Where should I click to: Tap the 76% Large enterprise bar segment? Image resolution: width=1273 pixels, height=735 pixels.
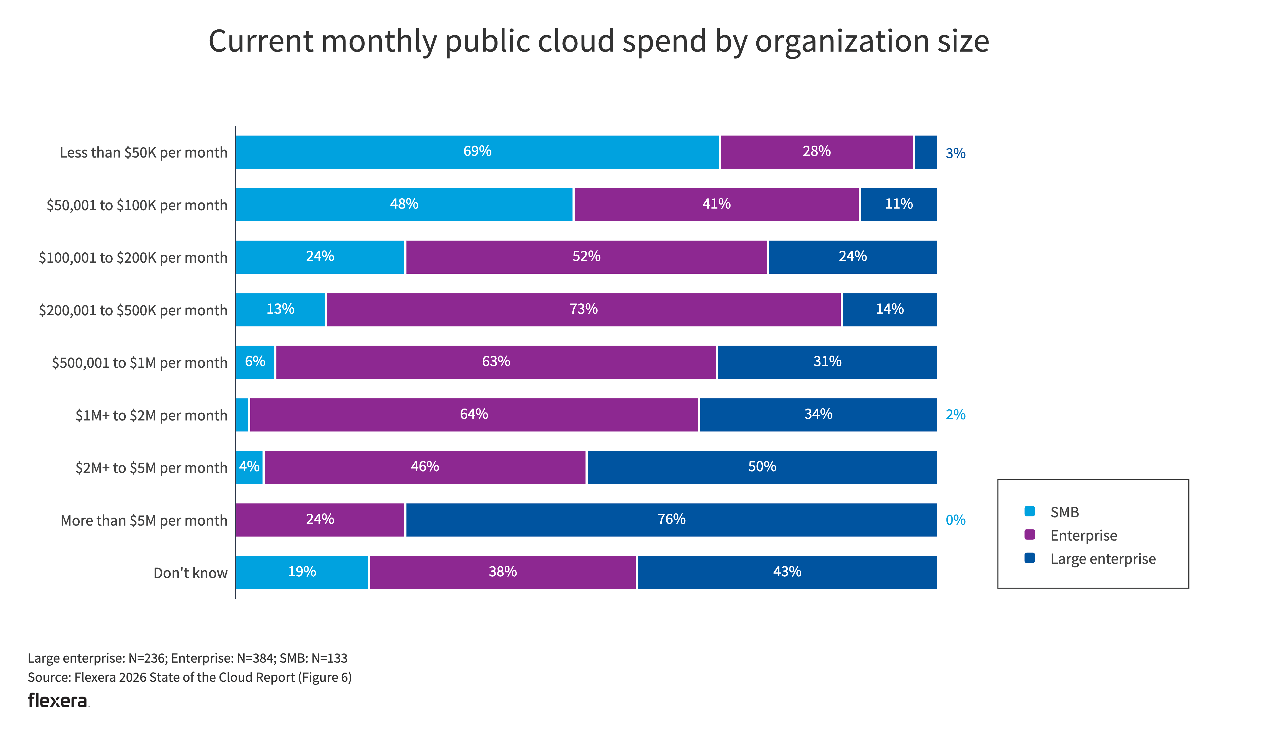click(671, 519)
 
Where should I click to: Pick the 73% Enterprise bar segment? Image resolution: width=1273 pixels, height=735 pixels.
click(583, 310)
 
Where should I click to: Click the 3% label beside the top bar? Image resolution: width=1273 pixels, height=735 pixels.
click(955, 153)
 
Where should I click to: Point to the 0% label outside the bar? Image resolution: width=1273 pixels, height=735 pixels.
click(955, 520)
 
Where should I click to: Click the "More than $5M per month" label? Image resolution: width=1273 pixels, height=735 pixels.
click(144, 520)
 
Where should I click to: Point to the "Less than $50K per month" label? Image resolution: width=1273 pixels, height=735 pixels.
click(143, 153)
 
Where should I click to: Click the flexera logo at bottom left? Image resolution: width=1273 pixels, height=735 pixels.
click(57, 701)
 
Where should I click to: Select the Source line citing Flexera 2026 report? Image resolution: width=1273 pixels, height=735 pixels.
click(189, 677)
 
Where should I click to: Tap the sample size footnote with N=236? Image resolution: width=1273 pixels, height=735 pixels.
click(187, 658)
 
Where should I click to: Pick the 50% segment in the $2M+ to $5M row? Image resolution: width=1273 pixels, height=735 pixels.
click(761, 467)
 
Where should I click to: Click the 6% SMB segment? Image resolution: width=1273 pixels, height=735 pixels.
click(255, 362)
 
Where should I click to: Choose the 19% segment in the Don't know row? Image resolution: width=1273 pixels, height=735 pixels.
click(302, 572)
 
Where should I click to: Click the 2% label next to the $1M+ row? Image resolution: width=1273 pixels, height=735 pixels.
click(955, 414)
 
